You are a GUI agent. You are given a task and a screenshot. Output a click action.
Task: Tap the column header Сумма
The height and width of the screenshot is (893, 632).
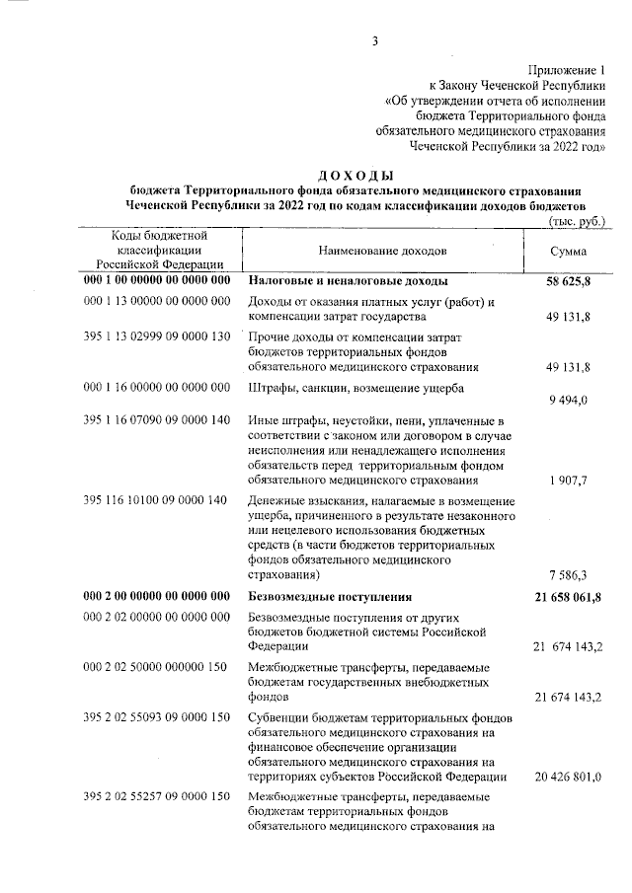[x=568, y=251]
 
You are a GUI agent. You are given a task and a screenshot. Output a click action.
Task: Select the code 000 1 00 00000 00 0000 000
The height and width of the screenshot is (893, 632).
[x=157, y=281]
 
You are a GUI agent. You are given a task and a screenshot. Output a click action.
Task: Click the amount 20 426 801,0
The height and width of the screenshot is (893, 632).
[x=568, y=777]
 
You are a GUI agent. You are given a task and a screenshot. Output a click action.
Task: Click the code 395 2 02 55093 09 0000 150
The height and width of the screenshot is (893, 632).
[x=156, y=722]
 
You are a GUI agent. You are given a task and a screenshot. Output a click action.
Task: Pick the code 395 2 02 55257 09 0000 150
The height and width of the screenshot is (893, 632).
[x=156, y=796]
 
